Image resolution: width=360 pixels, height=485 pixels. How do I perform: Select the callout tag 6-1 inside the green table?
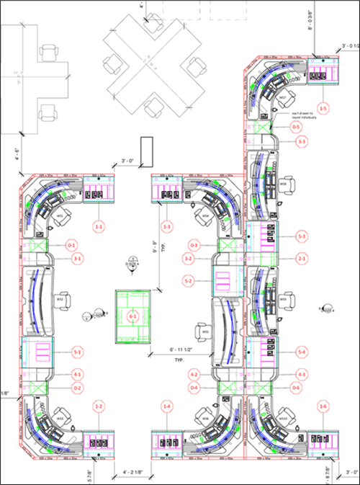pos(132,316)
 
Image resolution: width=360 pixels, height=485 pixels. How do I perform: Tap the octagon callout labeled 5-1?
pos(77,352)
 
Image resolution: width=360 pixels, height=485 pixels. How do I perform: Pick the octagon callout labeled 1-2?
pos(99,409)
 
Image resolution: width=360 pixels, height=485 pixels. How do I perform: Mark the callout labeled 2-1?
pos(302,258)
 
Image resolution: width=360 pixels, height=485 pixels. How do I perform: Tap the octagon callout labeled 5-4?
pos(302,352)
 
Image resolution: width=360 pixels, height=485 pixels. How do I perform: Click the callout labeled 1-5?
pos(324,108)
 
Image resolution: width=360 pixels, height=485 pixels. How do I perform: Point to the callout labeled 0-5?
pos(296,127)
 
